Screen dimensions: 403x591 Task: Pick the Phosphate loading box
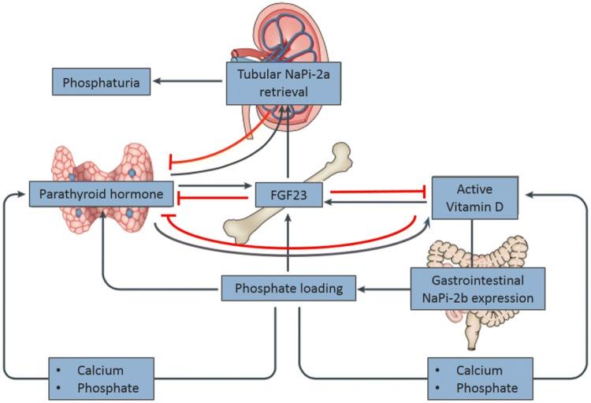click(x=282, y=289)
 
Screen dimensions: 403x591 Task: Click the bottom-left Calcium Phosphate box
click(x=101, y=378)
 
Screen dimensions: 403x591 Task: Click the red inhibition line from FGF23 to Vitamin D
click(x=378, y=190)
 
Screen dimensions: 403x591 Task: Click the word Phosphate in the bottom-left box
click(x=110, y=387)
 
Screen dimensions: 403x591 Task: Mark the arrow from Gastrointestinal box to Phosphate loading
click(x=382, y=289)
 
